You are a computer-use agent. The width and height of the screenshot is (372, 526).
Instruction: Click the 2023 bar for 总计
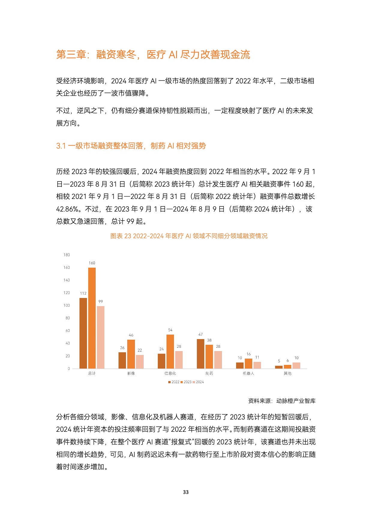click(92, 318)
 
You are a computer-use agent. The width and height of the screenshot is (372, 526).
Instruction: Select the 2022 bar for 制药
click(200, 354)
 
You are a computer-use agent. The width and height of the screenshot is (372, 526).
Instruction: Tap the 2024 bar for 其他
click(296, 365)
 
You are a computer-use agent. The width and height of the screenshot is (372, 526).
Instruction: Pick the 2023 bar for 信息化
click(170, 351)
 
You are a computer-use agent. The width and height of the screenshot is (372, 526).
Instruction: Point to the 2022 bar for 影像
click(122, 360)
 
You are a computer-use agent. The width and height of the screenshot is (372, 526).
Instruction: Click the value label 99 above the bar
click(101, 301)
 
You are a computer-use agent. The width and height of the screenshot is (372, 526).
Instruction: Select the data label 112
click(83, 293)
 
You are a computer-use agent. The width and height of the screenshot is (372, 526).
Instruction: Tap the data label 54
click(170, 330)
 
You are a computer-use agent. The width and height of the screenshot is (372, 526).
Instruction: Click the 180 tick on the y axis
click(67, 255)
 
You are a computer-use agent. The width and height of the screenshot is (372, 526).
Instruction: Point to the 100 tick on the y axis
click(67, 305)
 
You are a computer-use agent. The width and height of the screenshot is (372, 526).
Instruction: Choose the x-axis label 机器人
click(248, 373)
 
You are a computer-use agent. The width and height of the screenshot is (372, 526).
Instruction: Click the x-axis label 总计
click(92, 373)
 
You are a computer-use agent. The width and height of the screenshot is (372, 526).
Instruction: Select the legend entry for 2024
click(198, 382)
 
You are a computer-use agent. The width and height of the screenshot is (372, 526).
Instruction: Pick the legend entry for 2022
click(174, 382)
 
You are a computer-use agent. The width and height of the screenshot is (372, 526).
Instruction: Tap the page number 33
click(186, 492)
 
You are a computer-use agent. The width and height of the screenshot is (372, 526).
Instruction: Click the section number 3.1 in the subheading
click(61, 146)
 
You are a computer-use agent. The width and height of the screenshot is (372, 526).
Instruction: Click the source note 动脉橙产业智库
click(296, 401)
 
